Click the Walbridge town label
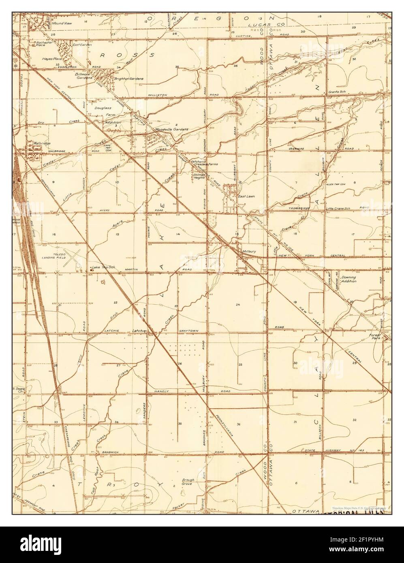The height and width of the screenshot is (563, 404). [x=41, y=143]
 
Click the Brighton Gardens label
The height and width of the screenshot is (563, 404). [x=129, y=79]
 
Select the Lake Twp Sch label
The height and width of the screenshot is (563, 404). [x=103, y=268]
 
